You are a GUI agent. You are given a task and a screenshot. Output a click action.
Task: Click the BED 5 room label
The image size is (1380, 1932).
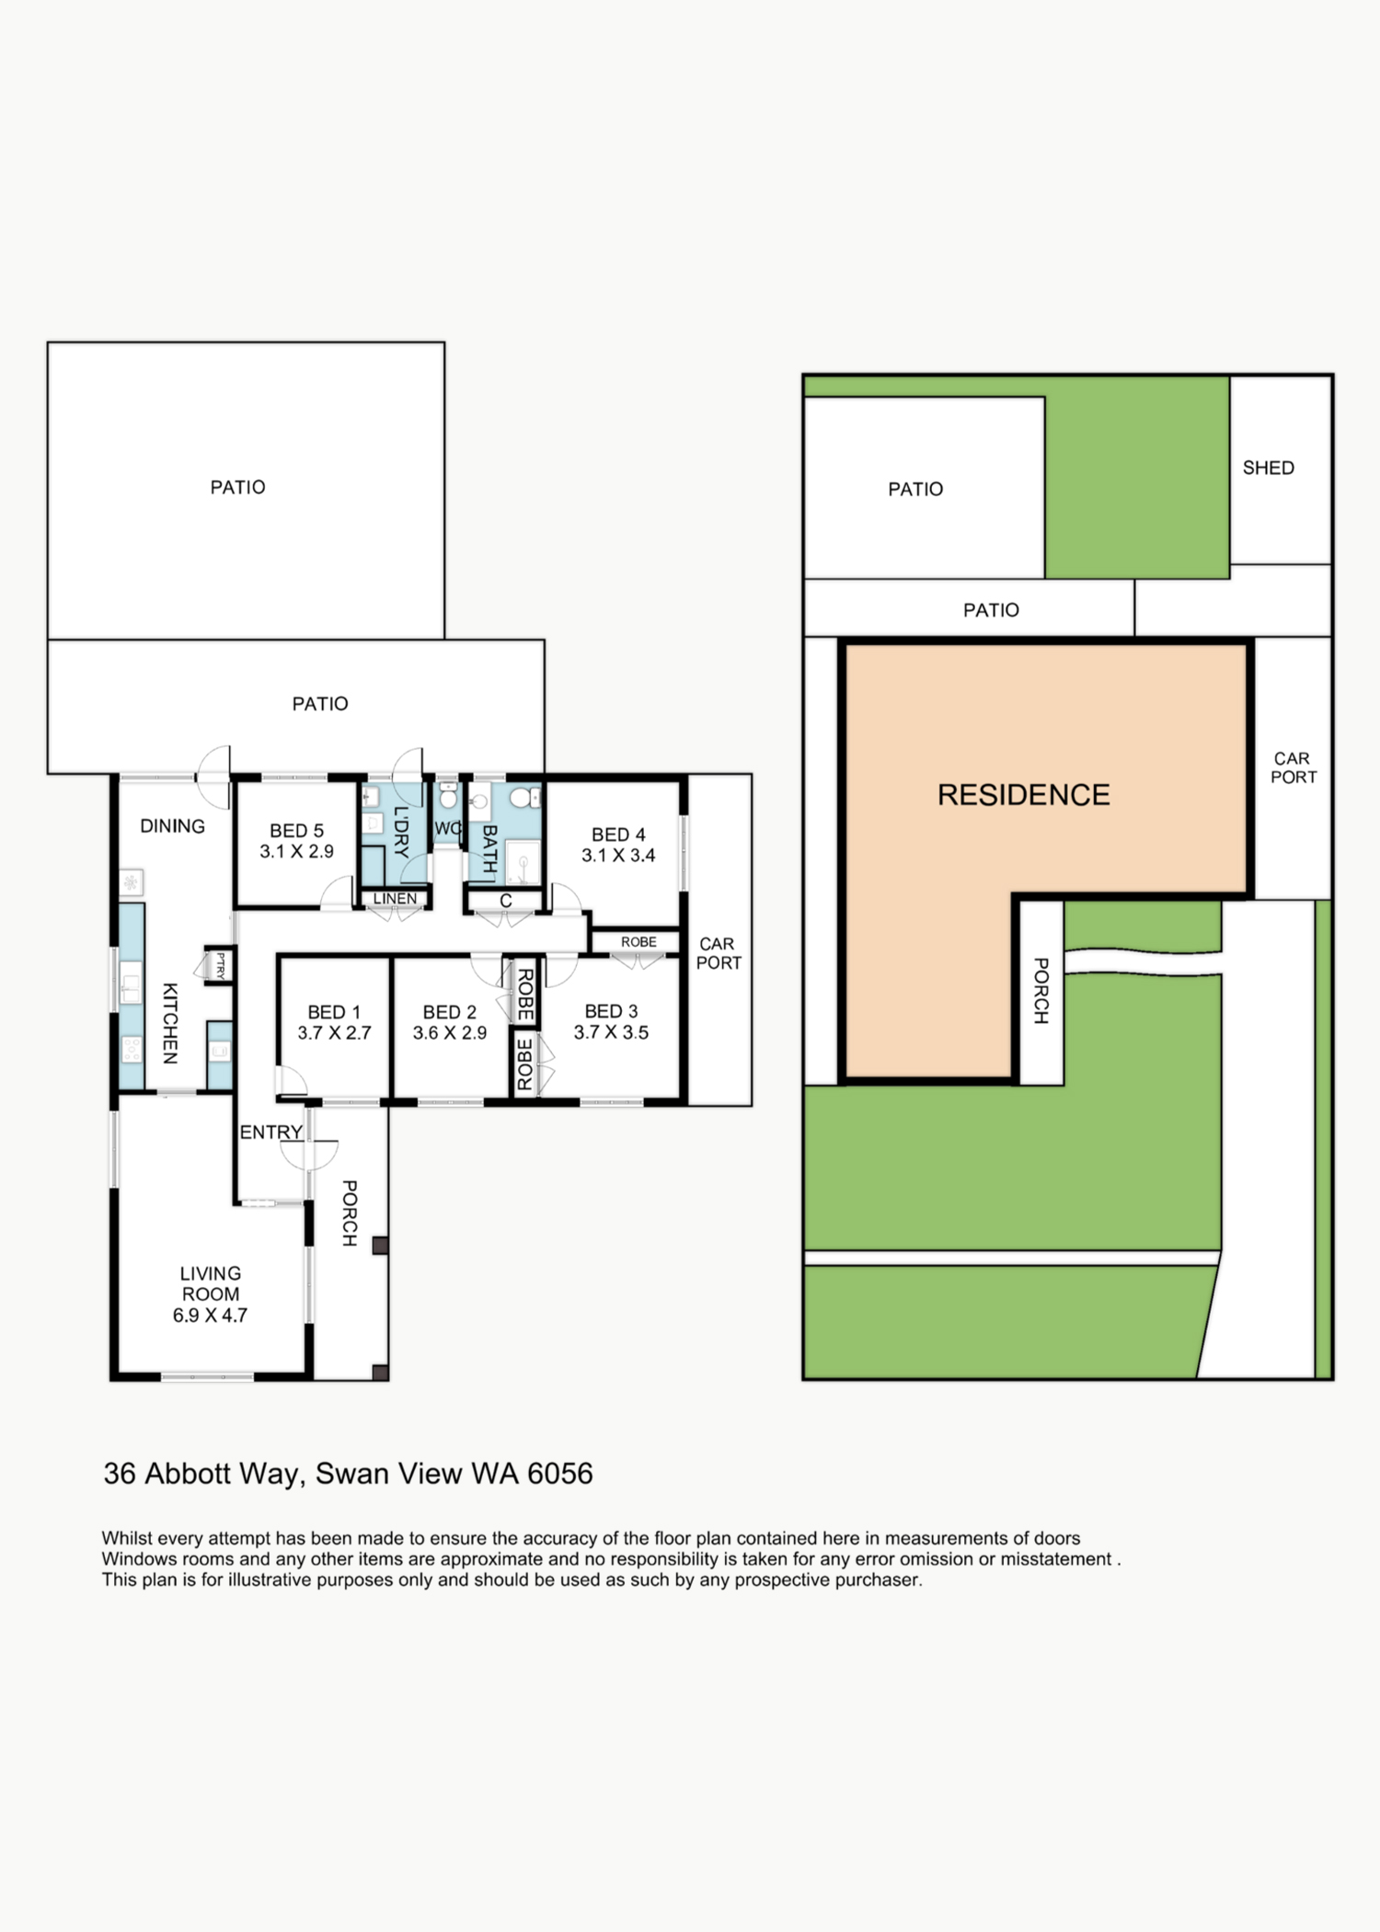296,831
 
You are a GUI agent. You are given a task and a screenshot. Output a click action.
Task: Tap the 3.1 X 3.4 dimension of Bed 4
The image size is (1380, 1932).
618,856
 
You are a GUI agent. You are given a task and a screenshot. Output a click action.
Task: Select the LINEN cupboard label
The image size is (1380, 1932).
396,899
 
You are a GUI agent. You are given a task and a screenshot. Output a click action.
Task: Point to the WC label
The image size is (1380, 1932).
447,828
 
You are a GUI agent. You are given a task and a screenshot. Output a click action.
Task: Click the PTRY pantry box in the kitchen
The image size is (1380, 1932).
220,965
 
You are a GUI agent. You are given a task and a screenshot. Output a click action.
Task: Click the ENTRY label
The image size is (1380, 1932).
270,1133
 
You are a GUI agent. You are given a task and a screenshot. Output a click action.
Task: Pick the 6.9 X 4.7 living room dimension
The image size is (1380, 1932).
210,1316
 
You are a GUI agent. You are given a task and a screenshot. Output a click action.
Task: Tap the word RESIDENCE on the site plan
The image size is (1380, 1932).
1023,795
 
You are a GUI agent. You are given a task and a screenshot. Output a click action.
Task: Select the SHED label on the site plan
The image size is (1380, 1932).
1268,468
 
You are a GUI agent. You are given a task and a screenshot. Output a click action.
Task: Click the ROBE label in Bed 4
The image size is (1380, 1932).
638,942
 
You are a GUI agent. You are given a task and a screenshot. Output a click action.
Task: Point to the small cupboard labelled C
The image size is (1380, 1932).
505,902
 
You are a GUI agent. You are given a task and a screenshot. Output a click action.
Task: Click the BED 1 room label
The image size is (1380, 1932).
334,1012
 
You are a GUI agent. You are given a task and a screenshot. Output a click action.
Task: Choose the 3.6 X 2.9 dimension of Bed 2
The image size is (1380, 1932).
449,1033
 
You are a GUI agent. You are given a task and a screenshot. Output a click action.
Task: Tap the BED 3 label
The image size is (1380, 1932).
611,1011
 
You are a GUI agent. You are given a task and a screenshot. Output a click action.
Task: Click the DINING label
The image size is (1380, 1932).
172,826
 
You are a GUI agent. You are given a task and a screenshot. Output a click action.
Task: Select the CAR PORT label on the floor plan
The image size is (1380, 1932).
719,953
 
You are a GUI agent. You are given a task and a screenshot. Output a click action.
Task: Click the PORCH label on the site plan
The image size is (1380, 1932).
1041,991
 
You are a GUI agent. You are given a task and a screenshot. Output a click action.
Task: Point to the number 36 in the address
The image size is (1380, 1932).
120,1474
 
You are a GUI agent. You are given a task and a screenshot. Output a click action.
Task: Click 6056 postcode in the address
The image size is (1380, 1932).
559,1474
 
